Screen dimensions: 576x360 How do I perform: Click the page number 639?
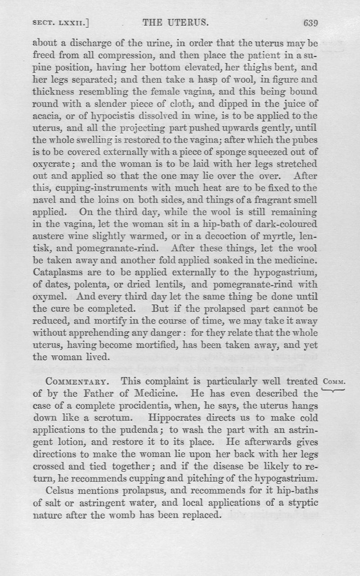point(311,23)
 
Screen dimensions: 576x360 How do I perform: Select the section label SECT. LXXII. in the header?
point(60,23)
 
